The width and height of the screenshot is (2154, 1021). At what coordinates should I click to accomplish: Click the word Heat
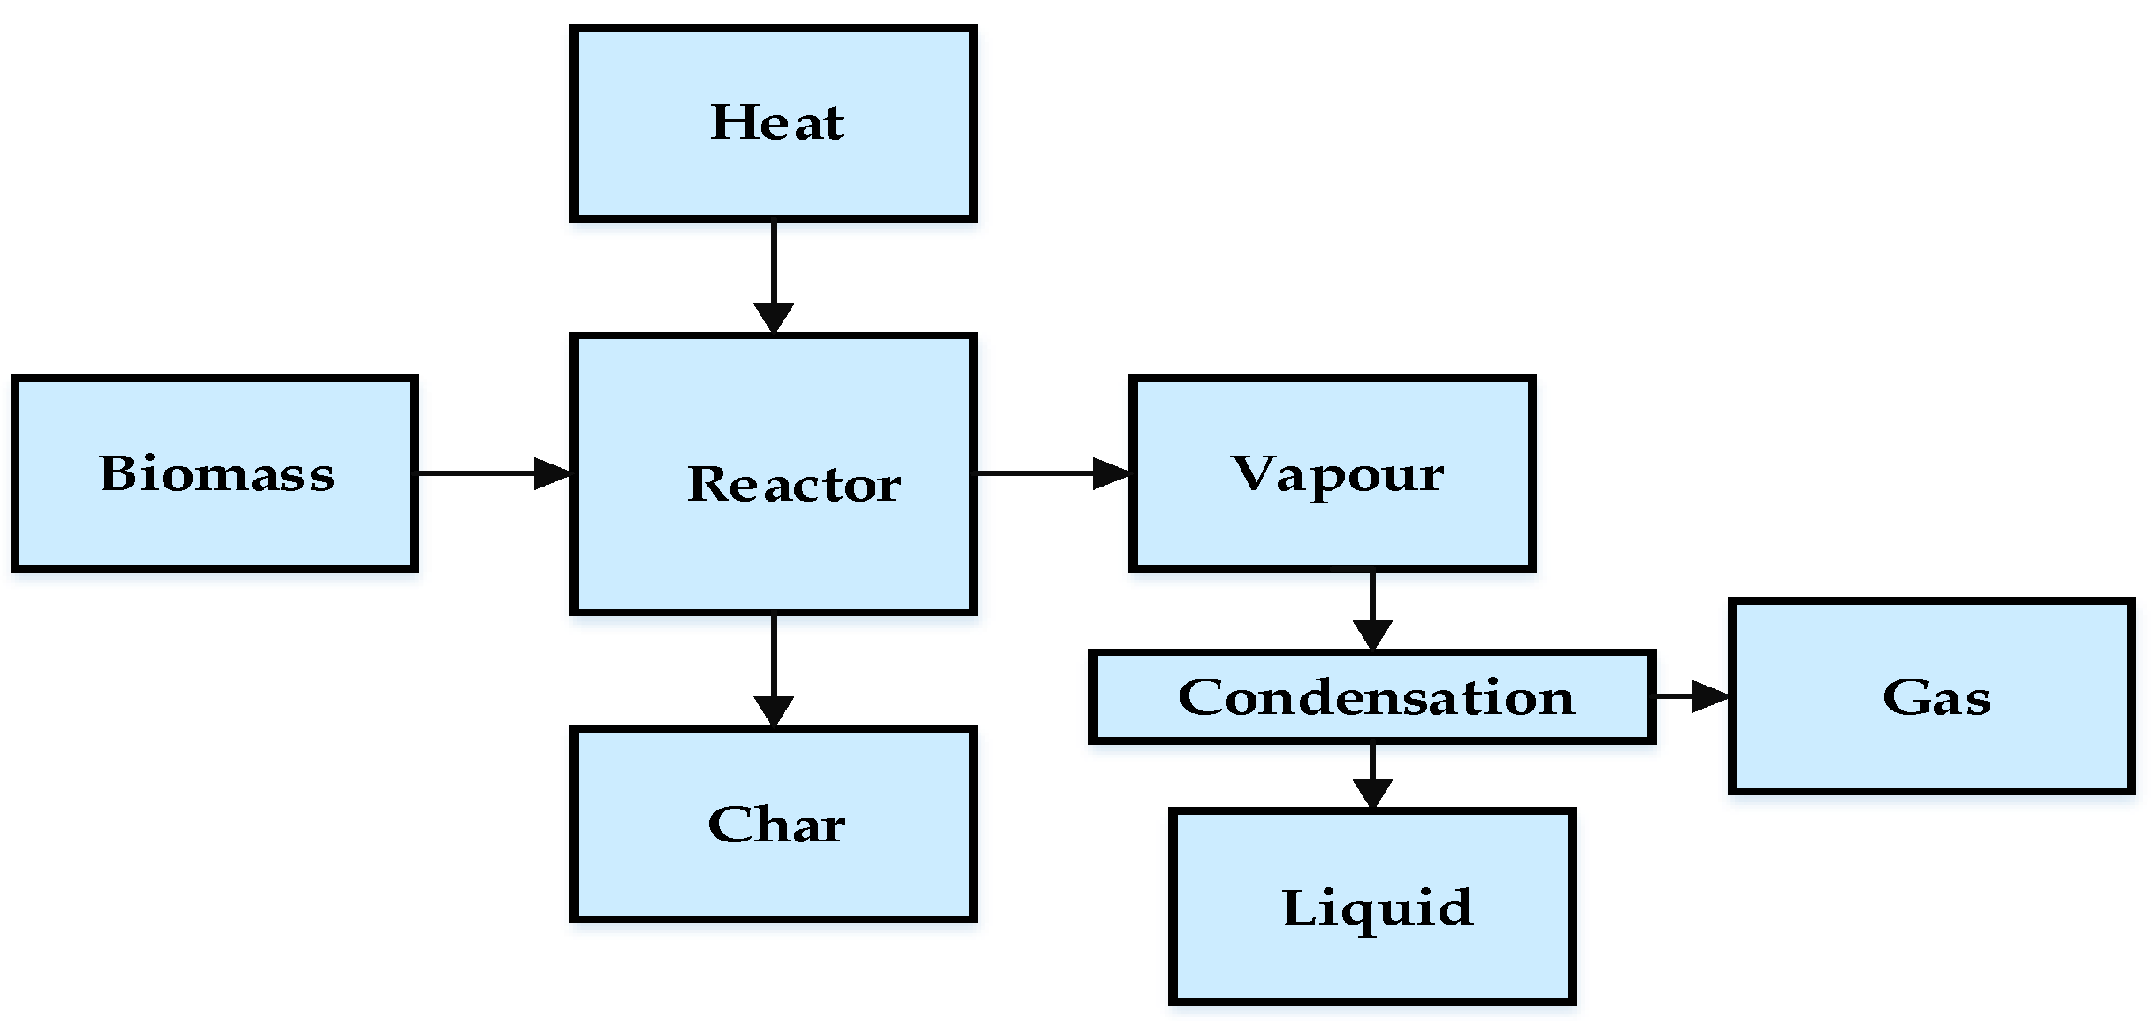(x=776, y=123)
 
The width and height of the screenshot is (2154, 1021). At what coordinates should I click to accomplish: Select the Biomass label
(x=218, y=473)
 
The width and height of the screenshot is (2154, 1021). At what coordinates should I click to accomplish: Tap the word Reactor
(x=794, y=485)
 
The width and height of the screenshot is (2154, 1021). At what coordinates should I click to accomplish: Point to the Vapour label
(x=1337, y=474)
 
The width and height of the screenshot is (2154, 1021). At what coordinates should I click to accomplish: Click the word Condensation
(x=1376, y=697)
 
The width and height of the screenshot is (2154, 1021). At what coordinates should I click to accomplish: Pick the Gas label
(x=1936, y=697)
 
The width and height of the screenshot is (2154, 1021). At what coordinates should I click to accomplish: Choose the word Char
(x=776, y=825)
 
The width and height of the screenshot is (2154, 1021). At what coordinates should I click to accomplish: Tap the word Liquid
(x=1378, y=909)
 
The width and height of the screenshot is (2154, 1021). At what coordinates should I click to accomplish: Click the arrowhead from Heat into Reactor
(x=774, y=319)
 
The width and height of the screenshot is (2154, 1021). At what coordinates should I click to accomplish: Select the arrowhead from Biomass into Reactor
(x=554, y=473)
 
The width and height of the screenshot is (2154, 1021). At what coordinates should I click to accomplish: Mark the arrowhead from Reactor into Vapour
(x=1111, y=473)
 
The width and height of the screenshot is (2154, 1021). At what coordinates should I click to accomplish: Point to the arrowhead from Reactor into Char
(x=774, y=710)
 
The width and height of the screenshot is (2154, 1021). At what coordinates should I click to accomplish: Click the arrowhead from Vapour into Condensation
(x=1372, y=634)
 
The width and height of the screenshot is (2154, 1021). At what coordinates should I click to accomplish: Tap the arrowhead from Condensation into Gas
(x=1711, y=696)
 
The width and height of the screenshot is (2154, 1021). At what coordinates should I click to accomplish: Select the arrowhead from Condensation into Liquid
(x=1372, y=793)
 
